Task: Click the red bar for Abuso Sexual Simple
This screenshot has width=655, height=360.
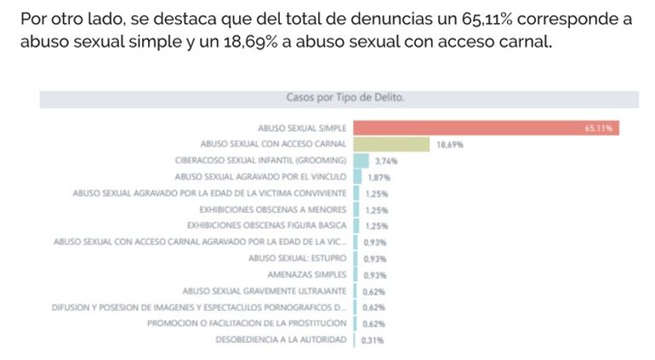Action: [x=485, y=128]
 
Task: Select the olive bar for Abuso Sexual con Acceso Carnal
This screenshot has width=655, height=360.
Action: [x=392, y=144]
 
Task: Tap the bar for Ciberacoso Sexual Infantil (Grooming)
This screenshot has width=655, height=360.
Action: [x=361, y=160]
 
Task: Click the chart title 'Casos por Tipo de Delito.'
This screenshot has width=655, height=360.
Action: [x=345, y=98]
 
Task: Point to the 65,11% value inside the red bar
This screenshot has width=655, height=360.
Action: [x=599, y=129]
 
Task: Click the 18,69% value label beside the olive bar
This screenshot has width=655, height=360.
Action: [x=449, y=145]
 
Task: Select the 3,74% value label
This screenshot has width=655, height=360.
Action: [x=386, y=161]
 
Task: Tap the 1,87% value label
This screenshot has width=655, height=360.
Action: [x=379, y=177]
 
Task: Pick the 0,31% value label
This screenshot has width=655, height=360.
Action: [x=373, y=340]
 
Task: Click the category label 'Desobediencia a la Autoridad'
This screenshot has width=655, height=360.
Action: [x=282, y=340]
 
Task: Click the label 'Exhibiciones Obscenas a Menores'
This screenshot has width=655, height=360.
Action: [x=272, y=209]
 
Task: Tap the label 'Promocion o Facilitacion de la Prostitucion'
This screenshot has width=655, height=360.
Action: [x=247, y=323]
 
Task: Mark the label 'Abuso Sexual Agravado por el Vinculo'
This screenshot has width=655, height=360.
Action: [x=260, y=177]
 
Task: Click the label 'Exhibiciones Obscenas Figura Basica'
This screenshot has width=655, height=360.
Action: [x=266, y=226]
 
